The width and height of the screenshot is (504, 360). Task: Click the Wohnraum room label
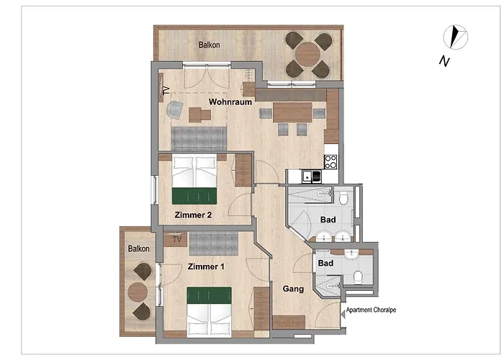coord(230,102)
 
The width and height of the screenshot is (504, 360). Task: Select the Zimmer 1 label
coord(206,267)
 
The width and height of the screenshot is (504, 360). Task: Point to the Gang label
coord(293,289)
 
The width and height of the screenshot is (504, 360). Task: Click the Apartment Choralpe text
coord(372,310)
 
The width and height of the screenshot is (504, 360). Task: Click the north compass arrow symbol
coord(454,36)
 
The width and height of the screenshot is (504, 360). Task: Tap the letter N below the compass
coord(445,61)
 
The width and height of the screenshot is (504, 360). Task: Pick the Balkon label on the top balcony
coord(210,45)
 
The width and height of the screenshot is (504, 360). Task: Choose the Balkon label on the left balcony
coord(139,248)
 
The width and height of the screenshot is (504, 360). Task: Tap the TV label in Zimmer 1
coord(175,237)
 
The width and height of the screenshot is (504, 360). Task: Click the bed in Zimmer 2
coord(194,181)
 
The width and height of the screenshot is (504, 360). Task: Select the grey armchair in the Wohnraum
coord(174,109)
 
